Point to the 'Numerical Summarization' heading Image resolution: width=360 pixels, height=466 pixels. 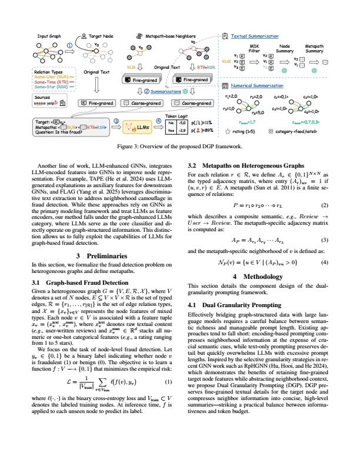click(x=258, y=86)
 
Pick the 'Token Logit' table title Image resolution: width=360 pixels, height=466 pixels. click(x=178, y=116)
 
